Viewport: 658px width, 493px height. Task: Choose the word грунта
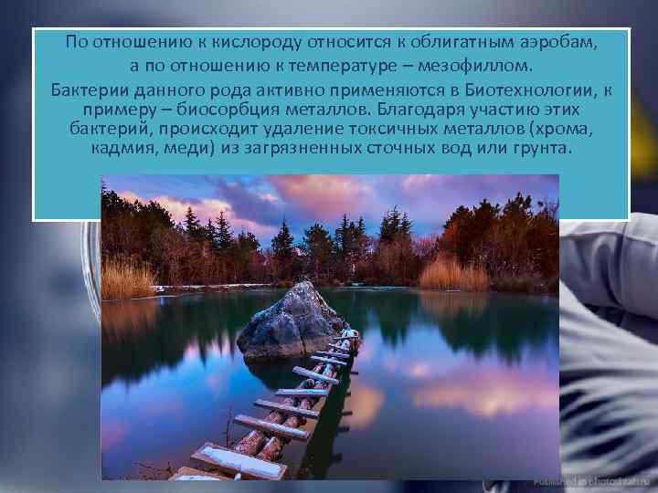(x=542, y=147)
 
